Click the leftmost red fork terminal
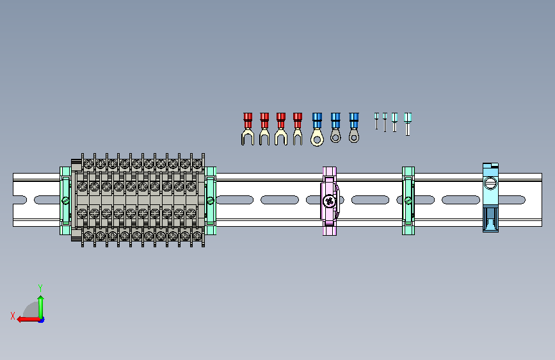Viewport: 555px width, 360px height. pyautogui.click(x=247, y=129)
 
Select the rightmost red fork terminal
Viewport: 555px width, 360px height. pyautogui.click(x=297, y=129)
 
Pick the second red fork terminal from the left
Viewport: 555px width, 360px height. pyautogui.click(x=264, y=129)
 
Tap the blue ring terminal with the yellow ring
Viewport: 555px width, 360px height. pyautogui.click(x=316, y=129)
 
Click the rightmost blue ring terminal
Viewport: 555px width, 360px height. pyautogui.click(x=353, y=127)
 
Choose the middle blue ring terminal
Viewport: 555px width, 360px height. pyautogui.click(x=335, y=127)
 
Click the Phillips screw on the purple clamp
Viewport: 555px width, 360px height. pyautogui.click(x=330, y=201)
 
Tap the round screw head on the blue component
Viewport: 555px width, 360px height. pyautogui.click(x=491, y=184)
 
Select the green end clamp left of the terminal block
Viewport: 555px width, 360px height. pyautogui.click(x=65, y=200)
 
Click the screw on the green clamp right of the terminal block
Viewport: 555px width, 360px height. pyautogui.click(x=210, y=201)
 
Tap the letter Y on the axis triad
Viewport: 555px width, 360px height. pyautogui.click(x=40, y=288)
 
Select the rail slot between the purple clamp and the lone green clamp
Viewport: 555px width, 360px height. pyautogui.click(x=371, y=200)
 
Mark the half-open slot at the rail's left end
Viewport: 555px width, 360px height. pyautogui.click(x=20, y=200)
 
